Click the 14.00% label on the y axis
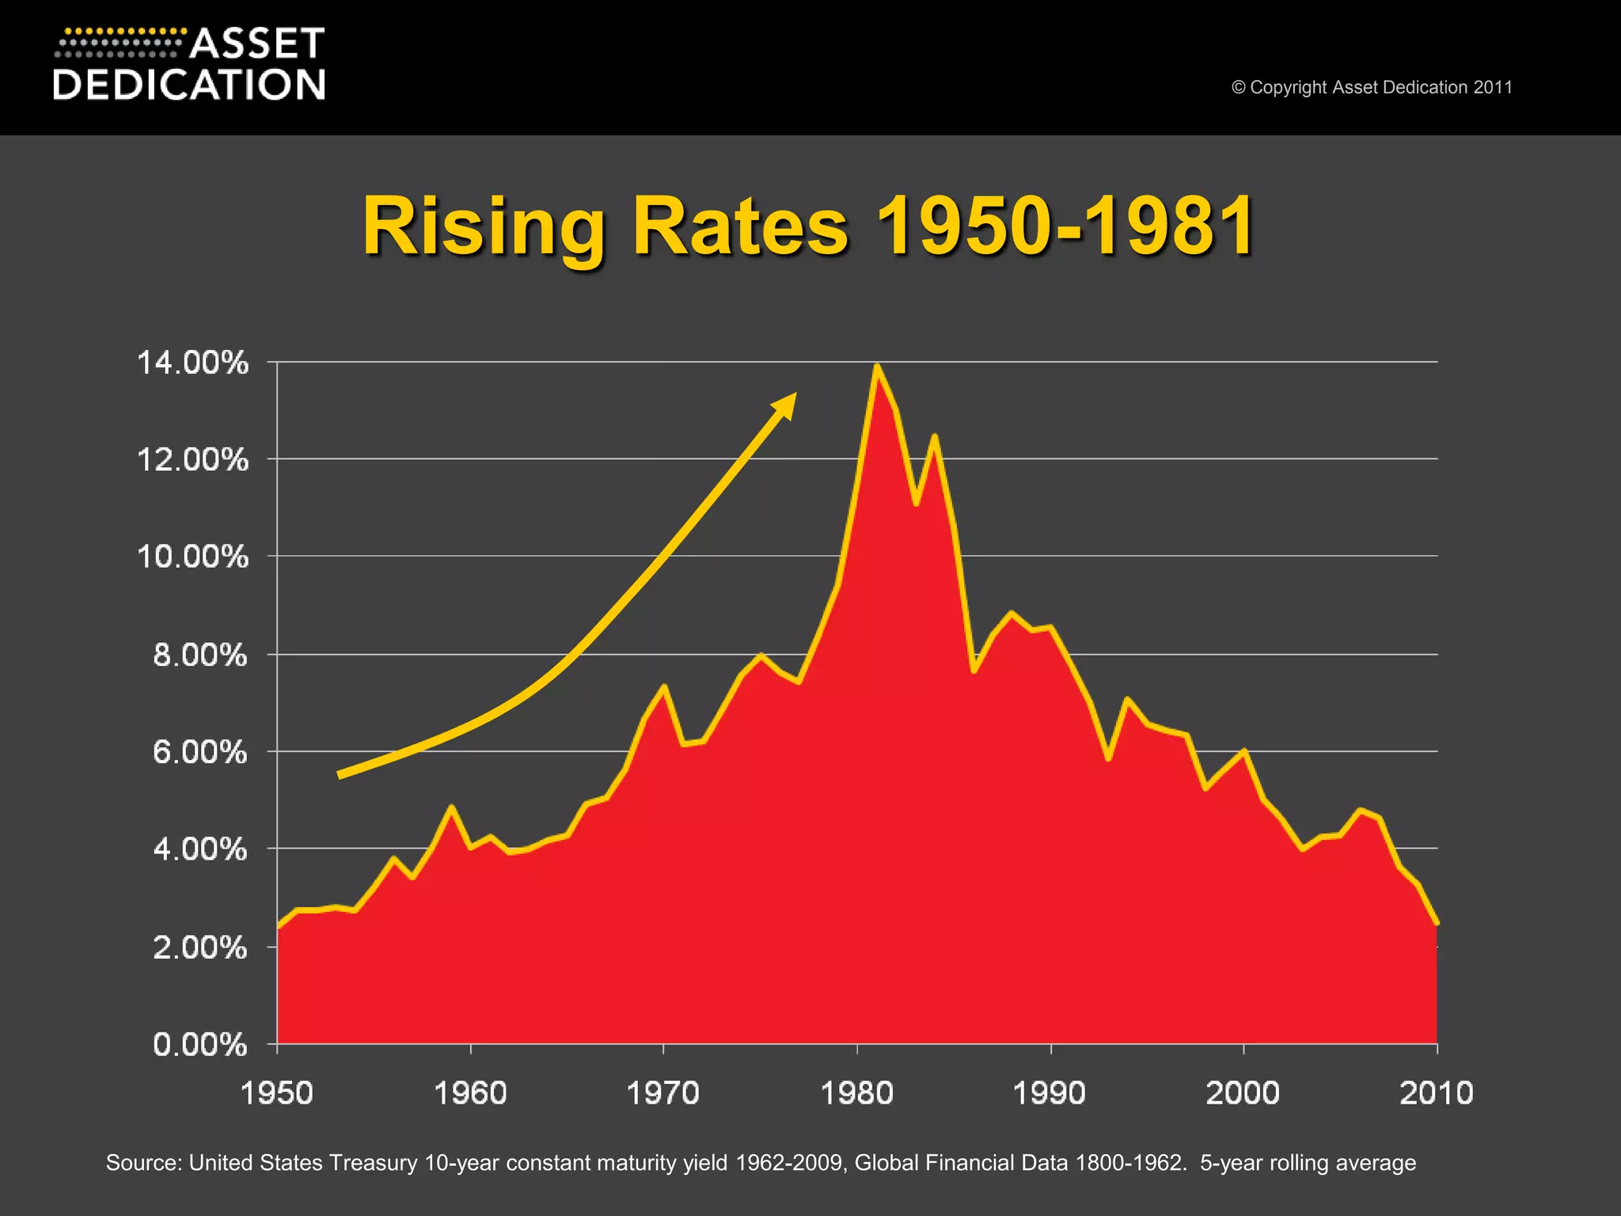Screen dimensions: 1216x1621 pos(192,363)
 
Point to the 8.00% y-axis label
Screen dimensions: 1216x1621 pos(199,655)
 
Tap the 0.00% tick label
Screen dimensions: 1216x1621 pos(199,1045)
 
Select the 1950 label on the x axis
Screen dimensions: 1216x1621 pos(276,1093)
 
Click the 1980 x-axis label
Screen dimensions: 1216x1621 pos(856,1093)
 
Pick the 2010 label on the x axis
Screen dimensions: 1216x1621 pos(1436,1093)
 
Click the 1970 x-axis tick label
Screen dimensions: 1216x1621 pos(662,1093)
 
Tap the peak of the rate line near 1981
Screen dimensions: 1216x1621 pos(876,367)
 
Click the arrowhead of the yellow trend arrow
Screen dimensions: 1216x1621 pos(786,403)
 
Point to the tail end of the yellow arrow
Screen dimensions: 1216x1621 pos(340,775)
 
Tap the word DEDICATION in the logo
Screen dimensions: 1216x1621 pos(189,85)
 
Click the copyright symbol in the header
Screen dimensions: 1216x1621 pos(1238,88)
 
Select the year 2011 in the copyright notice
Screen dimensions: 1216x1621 pos(1493,88)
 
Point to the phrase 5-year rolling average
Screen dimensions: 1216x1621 pos(1308,1163)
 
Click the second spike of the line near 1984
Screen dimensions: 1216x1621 pos(935,436)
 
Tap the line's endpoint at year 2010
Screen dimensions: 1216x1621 pos(1437,923)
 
